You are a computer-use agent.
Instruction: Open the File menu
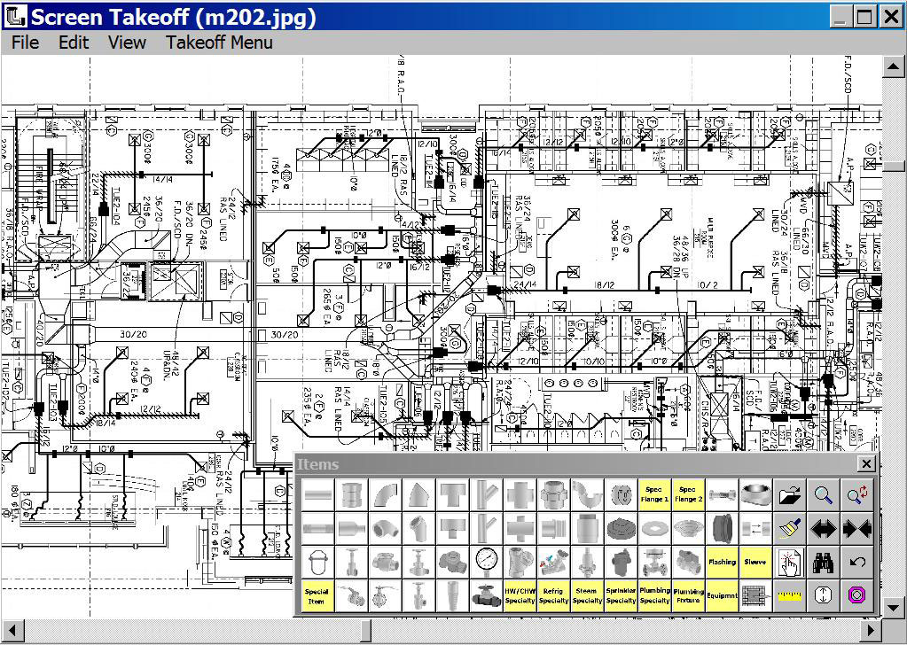(x=25, y=43)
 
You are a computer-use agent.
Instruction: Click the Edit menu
(x=74, y=43)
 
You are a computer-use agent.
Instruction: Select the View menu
(x=127, y=43)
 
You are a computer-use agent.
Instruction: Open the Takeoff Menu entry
(x=219, y=43)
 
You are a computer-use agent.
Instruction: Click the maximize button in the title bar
(x=865, y=16)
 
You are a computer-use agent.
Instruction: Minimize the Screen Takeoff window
(x=841, y=16)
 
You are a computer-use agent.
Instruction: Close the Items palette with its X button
(x=866, y=464)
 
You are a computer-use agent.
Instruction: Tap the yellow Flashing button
(x=722, y=562)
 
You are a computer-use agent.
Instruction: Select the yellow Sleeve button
(x=755, y=562)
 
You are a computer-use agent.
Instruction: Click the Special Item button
(x=317, y=595)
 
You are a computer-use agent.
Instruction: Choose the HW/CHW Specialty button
(x=520, y=595)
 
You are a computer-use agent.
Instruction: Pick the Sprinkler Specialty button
(x=621, y=595)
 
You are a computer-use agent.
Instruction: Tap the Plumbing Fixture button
(x=688, y=595)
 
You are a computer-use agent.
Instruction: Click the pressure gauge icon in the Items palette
(x=486, y=562)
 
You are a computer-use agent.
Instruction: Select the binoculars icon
(x=823, y=562)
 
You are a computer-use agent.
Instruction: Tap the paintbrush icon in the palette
(x=788, y=529)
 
